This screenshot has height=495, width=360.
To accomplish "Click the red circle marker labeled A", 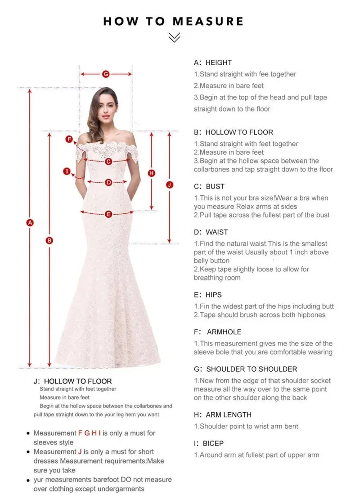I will (x=30, y=222).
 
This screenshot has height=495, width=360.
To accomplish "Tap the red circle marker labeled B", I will (x=49, y=240).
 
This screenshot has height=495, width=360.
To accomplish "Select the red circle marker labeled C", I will (x=108, y=161).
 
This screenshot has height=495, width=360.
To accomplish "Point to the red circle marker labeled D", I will (x=108, y=182).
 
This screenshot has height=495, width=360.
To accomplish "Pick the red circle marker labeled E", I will (x=108, y=214).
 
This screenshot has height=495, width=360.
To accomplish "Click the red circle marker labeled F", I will (x=69, y=139).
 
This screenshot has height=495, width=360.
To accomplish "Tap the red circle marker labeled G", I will (x=106, y=74).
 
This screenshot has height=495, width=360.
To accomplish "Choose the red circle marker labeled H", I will (x=152, y=173).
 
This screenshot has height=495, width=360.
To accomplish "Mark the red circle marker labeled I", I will (x=67, y=171).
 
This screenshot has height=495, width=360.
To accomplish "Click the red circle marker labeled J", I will (x=169, y=184).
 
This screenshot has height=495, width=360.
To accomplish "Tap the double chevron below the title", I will (x=174, y=38).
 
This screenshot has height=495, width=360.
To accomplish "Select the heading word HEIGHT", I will (x=219, y=63).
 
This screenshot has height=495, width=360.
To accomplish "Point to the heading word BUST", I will (x=215, y=186).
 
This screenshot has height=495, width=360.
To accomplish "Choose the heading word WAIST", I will (x=217, y=232).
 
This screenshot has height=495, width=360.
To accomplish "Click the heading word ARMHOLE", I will (x=224, y=332).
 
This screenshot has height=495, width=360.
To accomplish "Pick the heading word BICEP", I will (x=213, y=443).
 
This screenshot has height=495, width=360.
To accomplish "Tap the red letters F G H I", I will (x=90, y=433).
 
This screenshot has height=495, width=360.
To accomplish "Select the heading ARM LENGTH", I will (x=229, y=414).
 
